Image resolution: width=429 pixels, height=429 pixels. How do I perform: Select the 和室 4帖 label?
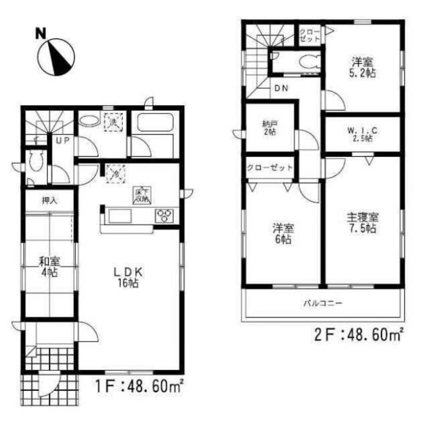pyautogui.click(x=49, y=266)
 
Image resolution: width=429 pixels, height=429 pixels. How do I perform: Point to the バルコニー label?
pyautogui.click(x=323, y=303)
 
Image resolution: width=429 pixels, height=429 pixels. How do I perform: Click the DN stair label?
pyautogui.click(x=281, y=89)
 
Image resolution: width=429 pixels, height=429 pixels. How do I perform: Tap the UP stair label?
pyautogui.click(x=59, y=140)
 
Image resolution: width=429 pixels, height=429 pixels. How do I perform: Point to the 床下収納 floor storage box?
pyautogui.click(x=141, y=196)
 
